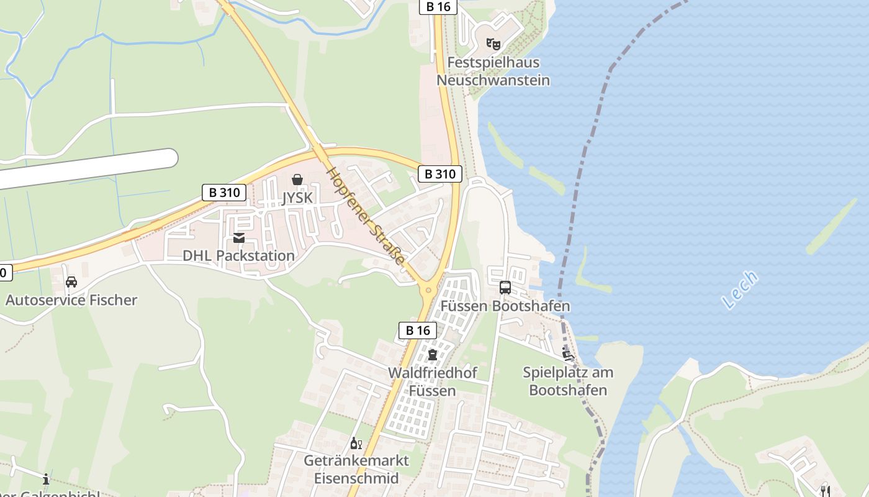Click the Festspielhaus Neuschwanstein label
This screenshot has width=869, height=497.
(493, 71)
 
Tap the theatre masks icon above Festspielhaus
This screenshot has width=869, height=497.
(493, 44)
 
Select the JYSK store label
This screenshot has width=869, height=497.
(297, 198)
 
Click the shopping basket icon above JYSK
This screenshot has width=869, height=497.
(297, 180)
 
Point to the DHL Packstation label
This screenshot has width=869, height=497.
(238, 255)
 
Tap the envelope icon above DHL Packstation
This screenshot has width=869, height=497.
(239, 238)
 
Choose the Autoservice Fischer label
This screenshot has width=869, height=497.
(71, 300)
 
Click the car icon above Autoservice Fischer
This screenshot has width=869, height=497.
(71, 282)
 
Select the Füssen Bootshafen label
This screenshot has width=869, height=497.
(505, 306)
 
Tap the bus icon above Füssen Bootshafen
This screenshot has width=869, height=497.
(505, 288)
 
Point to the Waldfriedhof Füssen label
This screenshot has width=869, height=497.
(433, 381)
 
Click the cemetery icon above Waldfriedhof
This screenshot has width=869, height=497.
(433, 355)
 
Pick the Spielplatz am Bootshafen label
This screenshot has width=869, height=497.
(568, 381)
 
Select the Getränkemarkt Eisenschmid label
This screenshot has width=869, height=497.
(356, 470)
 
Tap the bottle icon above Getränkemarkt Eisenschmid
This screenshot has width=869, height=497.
(356, 443)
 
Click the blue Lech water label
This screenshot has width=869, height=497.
(741, 290)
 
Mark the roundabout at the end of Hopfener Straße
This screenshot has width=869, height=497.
(428, 290)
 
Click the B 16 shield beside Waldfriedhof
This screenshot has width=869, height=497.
(418, 331)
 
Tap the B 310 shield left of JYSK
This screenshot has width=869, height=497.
(224, 193)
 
